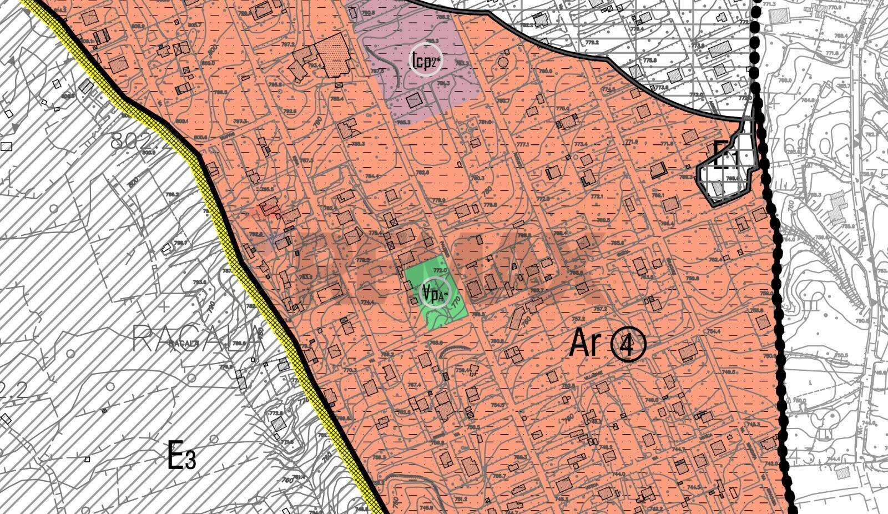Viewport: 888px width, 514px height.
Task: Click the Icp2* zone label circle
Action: coord(426,59)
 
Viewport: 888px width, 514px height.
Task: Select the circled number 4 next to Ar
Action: coord(628,345)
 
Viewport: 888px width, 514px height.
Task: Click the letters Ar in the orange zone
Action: coord(585,344)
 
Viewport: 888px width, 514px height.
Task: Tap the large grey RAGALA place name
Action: coord(197,337)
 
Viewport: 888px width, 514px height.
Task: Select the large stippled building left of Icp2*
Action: coord(335,55)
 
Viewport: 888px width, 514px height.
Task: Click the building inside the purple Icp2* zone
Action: coord(413,100)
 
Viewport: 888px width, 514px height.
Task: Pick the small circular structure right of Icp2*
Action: coord(503,62)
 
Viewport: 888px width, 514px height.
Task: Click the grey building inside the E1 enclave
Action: coord(718,189)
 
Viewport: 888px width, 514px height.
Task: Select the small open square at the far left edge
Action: coord(7,147)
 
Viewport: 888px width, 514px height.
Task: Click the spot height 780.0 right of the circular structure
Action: coord(545,71)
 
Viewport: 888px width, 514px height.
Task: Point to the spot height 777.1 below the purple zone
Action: coord(522,145)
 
